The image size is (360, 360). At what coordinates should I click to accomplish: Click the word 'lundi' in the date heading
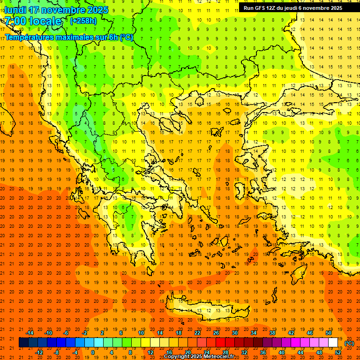pyautogui.click(x=15, y=10)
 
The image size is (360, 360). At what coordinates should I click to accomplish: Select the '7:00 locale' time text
pyautogui.click(x=33, y=21)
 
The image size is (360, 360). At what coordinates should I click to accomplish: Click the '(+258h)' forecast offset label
pyautogui.click(x=83, y=21)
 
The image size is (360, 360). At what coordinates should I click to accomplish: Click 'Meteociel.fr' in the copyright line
pyautogui.click(x=217, y=357)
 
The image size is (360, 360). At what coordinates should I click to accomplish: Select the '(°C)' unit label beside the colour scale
pyautogui.click(x=349, y=343)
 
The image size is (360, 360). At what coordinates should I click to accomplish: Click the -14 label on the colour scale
pyautogui.click(x=30, y=333)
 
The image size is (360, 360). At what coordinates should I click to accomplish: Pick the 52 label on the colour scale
pyautogui.click(x=338, y=352)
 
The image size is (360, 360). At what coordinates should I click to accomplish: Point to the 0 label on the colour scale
pyautogui.click(x=92, y=352)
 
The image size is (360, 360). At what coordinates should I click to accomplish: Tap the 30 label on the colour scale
pyautogui.click(x=235, y=333)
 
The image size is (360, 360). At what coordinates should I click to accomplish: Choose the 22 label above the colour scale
pyautogui.click(x=197, y=333)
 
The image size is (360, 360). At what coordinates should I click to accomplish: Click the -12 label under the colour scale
pyautogui.click(x=39, y=352)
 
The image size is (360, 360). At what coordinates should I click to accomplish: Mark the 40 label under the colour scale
pyautogui.click(x=282, y=352)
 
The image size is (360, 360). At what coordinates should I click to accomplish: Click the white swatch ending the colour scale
pyautogui.click(x=333, y=343)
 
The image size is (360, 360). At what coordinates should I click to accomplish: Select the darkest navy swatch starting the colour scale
pyautogui.click(x=23, y=343)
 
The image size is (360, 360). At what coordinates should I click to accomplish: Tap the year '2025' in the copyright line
pyautogui.click(x=192, y=357)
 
